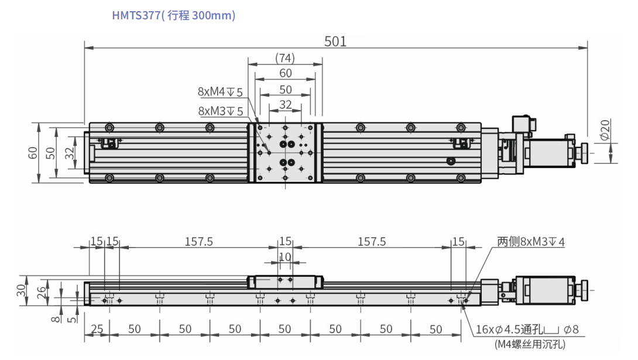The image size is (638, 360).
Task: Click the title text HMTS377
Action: click(136, 15)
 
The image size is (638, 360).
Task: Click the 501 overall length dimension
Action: click(335, 42)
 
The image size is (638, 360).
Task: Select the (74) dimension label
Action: click(285, 58)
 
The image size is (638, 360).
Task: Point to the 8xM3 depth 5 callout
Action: click(221, 111)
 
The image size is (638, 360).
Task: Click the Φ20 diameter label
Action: click(605, 129)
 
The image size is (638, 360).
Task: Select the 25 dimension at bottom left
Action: click(97, 328)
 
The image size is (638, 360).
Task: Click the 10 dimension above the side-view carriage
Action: click(285, 257)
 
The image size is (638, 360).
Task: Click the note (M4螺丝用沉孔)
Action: click(530, 344)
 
